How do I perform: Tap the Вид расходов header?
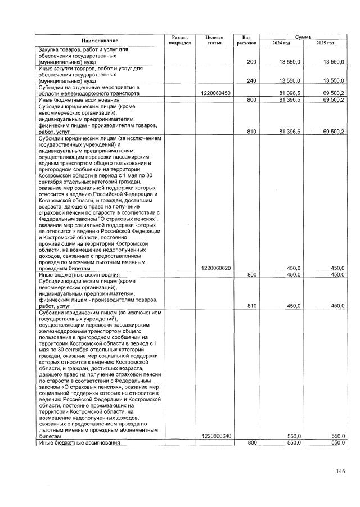246,39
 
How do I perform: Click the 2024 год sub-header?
281,43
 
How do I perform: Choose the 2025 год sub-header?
325,43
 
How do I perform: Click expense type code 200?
251,62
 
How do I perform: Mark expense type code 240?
251,80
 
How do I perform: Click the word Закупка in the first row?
49,49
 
